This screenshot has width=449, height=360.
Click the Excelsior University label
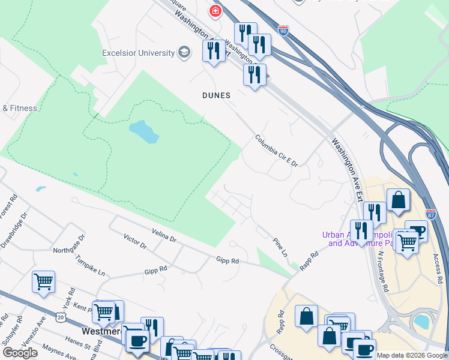[138, 53]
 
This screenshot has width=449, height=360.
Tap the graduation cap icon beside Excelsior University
[184, 53]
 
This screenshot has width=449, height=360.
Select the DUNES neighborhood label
[216, 95]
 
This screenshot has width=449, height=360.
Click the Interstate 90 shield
[283, 29]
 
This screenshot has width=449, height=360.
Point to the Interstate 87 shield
[430, 214]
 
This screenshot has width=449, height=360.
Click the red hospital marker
[214, 11]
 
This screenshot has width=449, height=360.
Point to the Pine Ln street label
[280, 247]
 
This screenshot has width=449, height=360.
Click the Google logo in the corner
[20, 353]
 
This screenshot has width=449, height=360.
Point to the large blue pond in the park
[144, 131]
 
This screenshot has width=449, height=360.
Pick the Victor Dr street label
[135, 242]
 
